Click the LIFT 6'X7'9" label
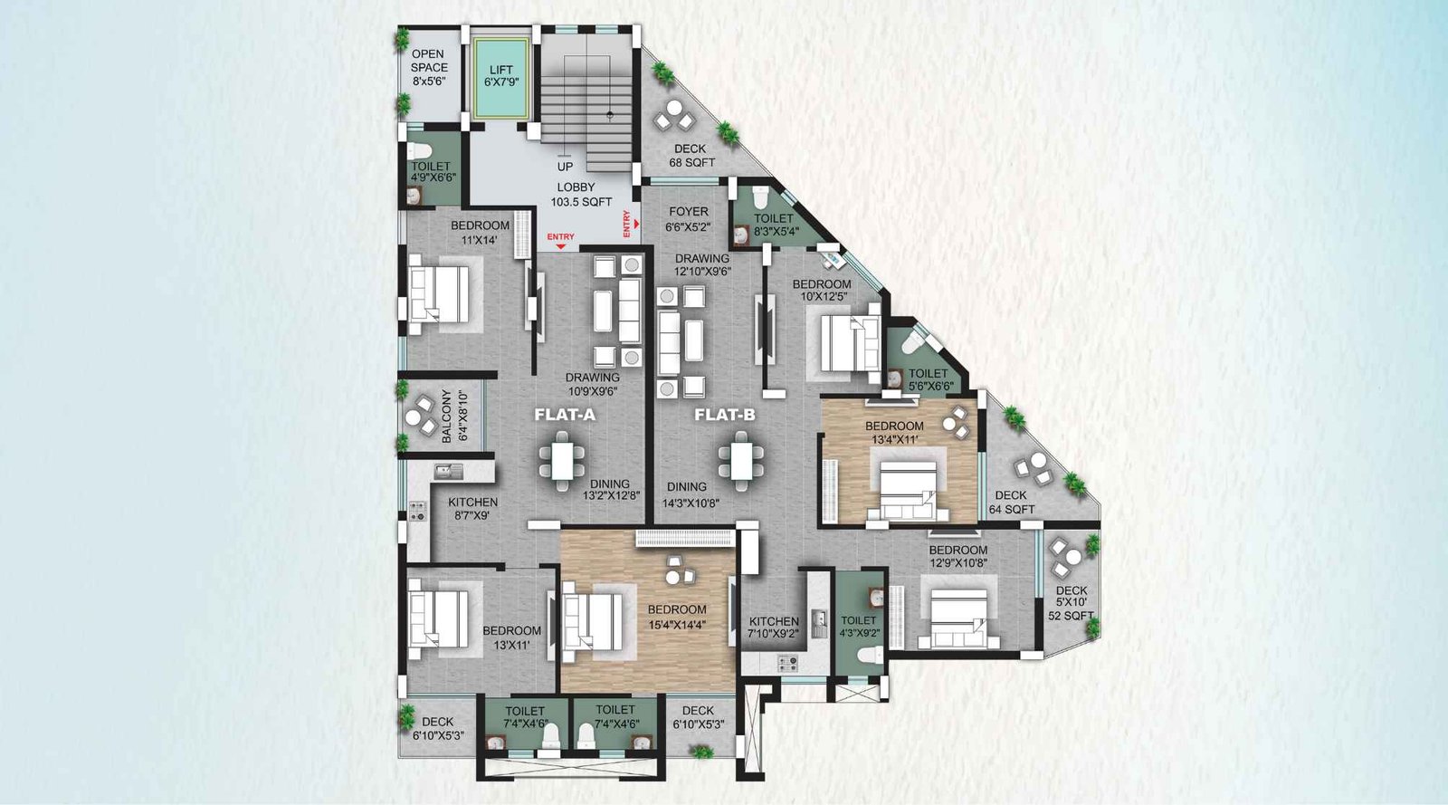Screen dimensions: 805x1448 point(500,76)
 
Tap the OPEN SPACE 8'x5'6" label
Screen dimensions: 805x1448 point(428,68)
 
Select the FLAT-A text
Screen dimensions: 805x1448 point(565,416)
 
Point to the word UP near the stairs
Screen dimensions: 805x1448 point(565,167)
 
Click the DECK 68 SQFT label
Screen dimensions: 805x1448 point(691,156)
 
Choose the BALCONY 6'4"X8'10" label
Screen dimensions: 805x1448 point(453,416)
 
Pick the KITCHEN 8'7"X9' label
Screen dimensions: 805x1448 point(472,509)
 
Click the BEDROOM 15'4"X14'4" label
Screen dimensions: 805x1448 point(676,617)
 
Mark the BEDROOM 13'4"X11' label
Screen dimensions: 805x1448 point(894,433)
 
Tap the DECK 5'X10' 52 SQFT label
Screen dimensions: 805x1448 point(1072,603)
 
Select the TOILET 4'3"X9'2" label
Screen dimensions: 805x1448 point(859,627)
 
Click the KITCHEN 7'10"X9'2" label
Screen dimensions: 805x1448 point(774,628)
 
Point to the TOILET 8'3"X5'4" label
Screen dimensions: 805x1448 point(773,225)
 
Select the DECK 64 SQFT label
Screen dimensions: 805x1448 point(1011,503)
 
